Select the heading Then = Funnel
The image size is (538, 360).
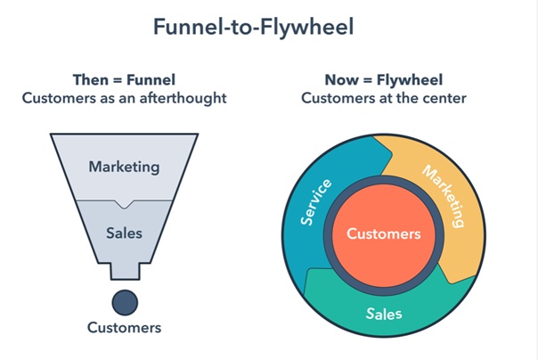(x=124, y=78)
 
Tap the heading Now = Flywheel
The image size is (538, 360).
(x=383, y=78)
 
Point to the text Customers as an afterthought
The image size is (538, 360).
(x=124, y=97)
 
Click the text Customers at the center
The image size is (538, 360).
(x=383, y=97)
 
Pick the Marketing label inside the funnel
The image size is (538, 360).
(x=124, y=167)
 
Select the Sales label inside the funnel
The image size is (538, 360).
(x=124, y=233)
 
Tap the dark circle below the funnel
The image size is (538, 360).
(x=124, y=299)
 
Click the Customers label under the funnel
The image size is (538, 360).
(x=124, y=328)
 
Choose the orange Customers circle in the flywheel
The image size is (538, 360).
(x=383, y=234)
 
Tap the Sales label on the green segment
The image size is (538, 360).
(x=384, y=314)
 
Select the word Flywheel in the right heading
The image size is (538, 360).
(x=412, y=78)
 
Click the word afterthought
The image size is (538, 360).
(x=183, y=97)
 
